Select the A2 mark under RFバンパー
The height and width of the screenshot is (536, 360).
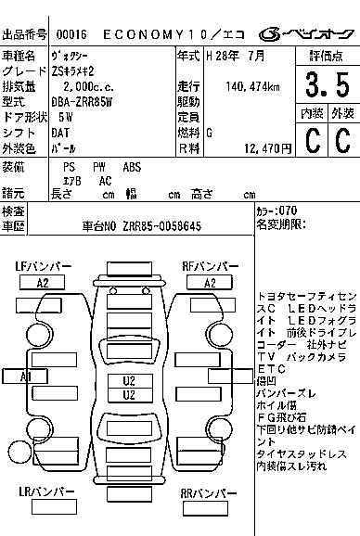click(211, 283)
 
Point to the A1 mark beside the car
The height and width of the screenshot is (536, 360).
click(25, 376)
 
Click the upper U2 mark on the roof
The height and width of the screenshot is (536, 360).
click(129, 381)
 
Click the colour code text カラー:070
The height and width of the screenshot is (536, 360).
click(276, 211)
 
